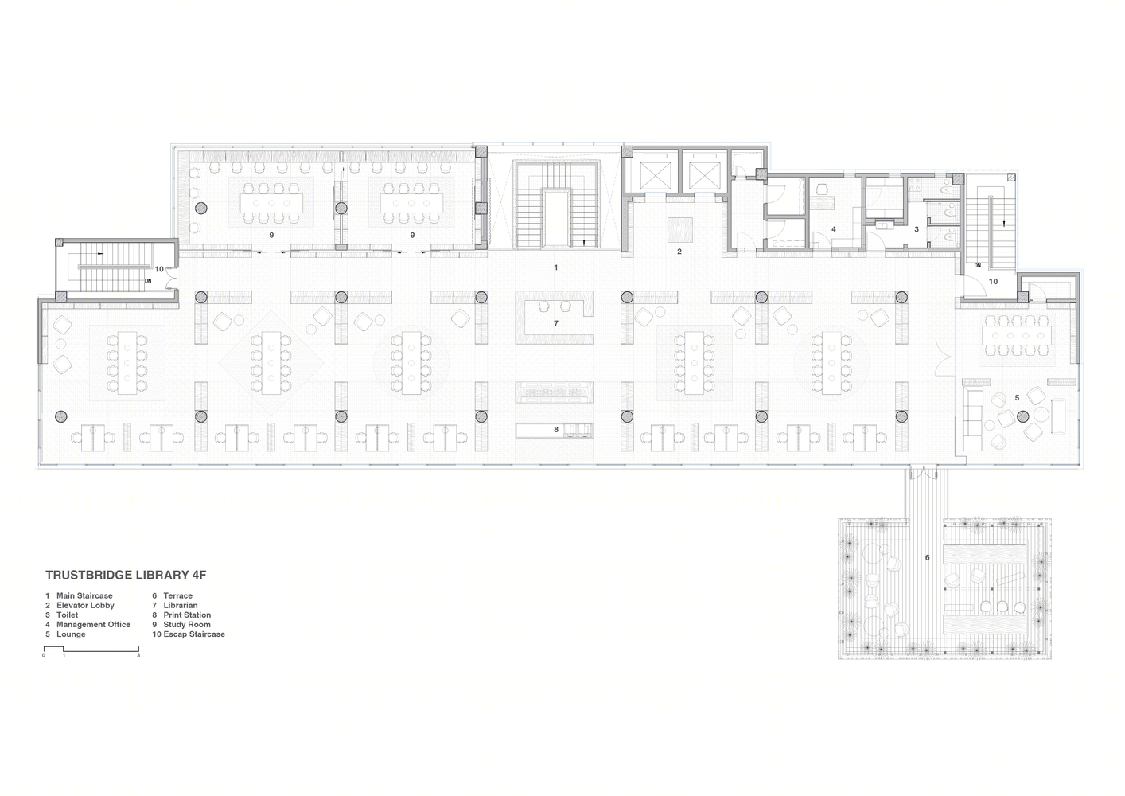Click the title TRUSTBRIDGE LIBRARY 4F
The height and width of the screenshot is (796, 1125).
point(126,575)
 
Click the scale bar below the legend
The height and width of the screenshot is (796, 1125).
point(91,650)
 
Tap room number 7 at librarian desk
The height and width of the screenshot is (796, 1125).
point(556,324)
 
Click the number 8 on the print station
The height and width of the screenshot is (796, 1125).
point(556,430)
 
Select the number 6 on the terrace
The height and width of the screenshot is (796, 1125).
point(927,557)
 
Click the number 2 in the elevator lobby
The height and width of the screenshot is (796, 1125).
point(679,252)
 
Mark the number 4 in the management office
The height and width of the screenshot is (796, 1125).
point(834,230)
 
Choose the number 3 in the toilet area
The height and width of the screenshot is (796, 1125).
point(917,229)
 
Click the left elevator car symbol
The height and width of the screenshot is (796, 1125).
point(655,177)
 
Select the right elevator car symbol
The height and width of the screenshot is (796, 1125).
point(701,177)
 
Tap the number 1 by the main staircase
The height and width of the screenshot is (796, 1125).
point(556,267)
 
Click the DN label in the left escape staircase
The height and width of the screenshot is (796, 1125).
point(148,281)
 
